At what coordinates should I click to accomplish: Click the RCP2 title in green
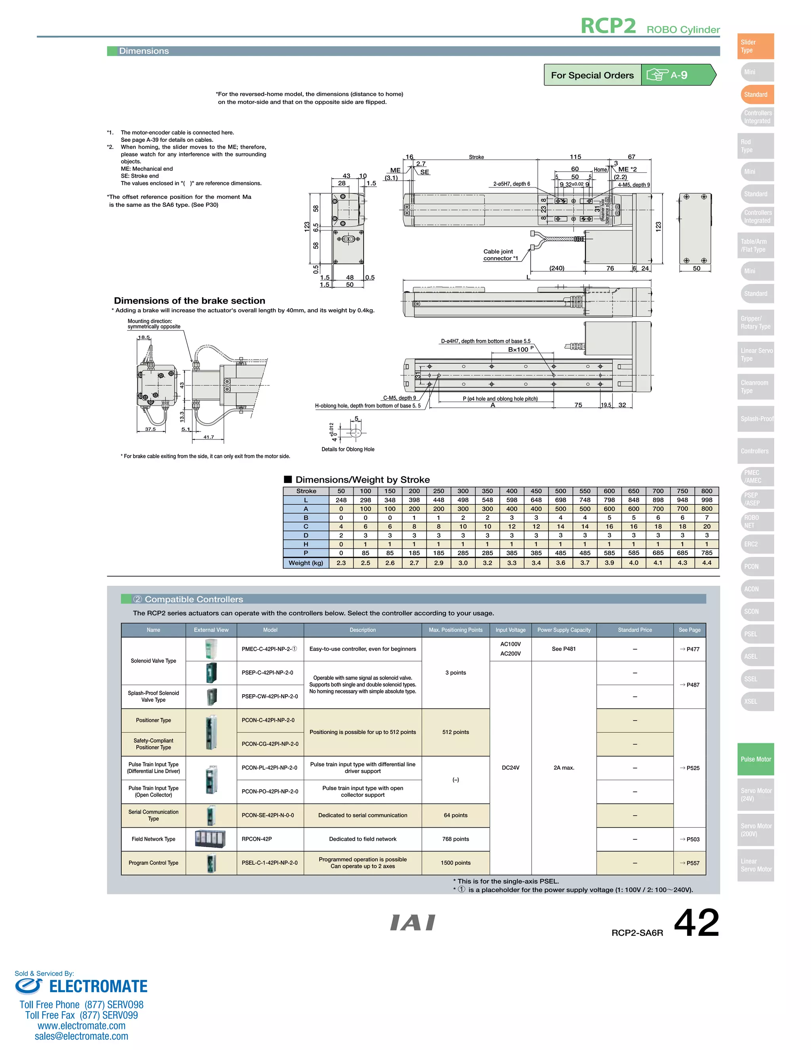pyautogui.click(x=608, y=26)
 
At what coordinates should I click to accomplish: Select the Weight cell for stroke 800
pyautogui.click(x=706, y=563)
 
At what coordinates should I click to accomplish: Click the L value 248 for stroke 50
pyautogui.click(x=341, y=500)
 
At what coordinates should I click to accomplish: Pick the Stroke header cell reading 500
pyautogui.click(x=560, y=491)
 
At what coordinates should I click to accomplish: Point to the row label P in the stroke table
pyautogui.click(x=306, y=553)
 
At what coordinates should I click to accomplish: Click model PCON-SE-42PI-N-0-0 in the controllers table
pyautogui.click(x=268, y=815)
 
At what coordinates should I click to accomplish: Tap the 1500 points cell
pyautogui.click(x=455, y=863)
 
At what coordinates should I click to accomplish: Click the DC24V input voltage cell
pyautogui.click(x=510, y=768)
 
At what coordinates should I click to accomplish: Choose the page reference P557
pyautogui.click(x=689, y=863)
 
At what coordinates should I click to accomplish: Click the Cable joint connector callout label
pyautogui.click(x=500, y=255)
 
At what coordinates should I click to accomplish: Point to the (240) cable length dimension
pyautogui.click(x=556, y=268)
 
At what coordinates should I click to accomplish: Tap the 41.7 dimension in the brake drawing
pyautogui.click(x=209, y=437)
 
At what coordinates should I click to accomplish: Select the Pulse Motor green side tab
pyautogui.click(x=755, y=759)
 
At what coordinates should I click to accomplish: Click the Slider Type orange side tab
pyautogui.click(x=755, y=46)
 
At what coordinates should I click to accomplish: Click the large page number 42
pyautogui.click(x=696, y=923)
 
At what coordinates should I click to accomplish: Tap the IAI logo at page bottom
pyautogui.click(x=413, y=922)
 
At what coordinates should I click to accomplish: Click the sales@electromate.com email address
pyautogui.click(x=81, y=1036)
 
